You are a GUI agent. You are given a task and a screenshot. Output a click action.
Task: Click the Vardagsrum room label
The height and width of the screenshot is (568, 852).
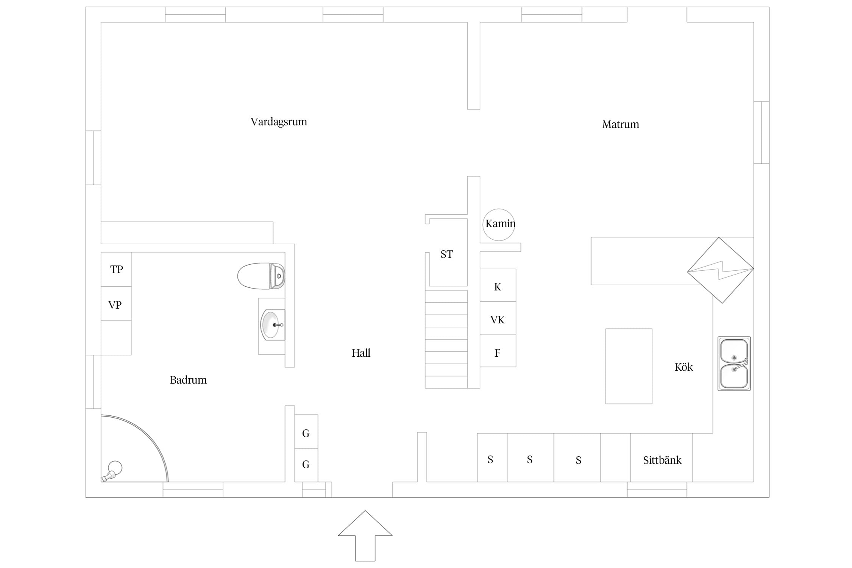click(x=279, y=122)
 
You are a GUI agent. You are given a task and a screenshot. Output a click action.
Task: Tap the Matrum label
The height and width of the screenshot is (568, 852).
click(x=620, y=125)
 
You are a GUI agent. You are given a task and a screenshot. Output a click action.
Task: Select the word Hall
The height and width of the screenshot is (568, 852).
click(x=361, y=353)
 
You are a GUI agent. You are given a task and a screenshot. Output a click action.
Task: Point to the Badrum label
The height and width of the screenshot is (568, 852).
click(x=188, y=380)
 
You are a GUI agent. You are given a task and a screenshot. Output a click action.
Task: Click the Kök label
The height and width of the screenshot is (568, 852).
click(x=683, y=367)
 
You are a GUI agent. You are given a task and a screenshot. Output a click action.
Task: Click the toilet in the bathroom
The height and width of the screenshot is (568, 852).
click(x=261, y=276)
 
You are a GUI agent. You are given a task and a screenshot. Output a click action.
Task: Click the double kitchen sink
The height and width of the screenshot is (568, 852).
click(x=734, y=364)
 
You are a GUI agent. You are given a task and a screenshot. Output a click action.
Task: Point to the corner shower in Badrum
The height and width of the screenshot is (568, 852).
click(x=134, y=448)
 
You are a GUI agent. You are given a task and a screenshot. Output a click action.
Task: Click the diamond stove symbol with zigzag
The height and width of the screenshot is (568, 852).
click(x=720, y=270)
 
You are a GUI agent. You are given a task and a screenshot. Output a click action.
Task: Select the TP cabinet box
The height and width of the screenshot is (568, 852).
click(x=116, y=269)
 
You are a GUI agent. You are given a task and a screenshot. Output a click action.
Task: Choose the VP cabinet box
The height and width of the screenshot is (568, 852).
click(x=116, y=304)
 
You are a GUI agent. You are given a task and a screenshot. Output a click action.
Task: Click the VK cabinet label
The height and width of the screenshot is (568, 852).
click(x=497, y=320)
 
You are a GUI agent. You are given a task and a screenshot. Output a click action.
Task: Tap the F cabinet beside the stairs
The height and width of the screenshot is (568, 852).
click(x=498, y=351)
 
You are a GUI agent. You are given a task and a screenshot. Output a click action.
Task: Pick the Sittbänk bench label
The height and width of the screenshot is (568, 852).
click(x=662, y=460)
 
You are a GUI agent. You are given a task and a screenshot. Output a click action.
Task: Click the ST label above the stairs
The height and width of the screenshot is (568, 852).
click(x=446, y=254)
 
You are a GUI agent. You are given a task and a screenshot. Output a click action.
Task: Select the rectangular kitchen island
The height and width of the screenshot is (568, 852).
click(x=629, y=366)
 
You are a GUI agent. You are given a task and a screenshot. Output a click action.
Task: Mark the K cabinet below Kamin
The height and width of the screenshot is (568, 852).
click(x=498, y=286)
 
